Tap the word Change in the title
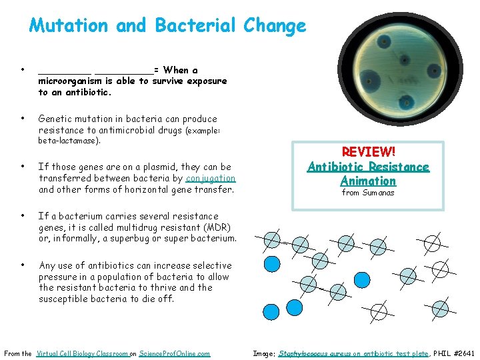click(275, 26)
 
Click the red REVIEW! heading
click(368, 153)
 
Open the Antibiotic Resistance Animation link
click(368, 173)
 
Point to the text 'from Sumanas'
click(368, 193)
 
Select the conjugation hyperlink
click(211, 178)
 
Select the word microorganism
click(70, 81)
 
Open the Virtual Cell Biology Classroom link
click(82, 353)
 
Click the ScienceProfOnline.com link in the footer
click(175, 353)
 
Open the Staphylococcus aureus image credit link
click(353, 353)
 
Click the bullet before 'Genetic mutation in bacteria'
click(23, 119)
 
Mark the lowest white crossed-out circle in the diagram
click(379, 311)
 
